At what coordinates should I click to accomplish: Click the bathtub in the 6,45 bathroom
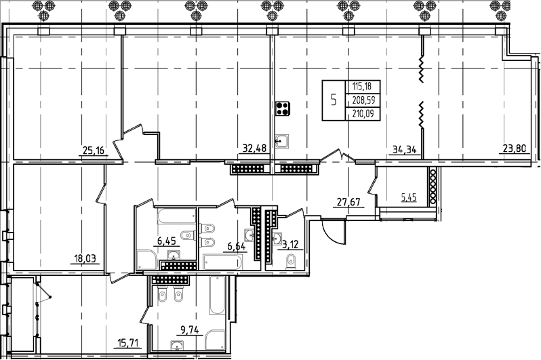176,217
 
